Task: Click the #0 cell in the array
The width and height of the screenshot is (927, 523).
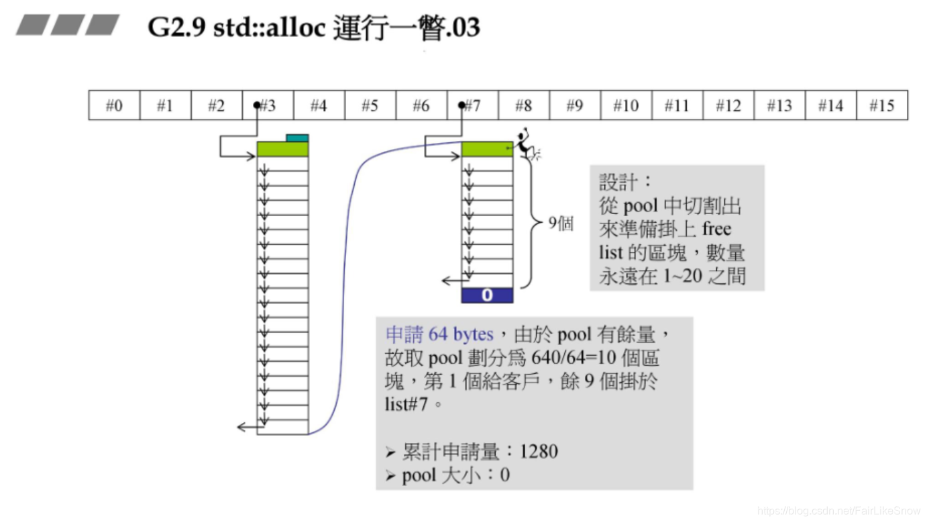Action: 114,105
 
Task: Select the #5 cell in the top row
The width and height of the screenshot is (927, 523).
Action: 370,105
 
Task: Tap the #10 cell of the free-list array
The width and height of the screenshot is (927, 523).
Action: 625,105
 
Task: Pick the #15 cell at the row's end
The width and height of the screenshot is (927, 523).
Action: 882,105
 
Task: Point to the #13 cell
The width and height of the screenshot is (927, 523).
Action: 779,105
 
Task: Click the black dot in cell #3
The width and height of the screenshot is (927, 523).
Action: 258,105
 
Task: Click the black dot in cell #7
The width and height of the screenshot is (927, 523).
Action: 462,105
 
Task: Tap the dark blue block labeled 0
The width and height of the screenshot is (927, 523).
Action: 487,295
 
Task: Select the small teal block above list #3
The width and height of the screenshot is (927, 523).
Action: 297,138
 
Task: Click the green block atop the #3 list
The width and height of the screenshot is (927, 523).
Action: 282,149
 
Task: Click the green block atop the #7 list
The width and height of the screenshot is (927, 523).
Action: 487,149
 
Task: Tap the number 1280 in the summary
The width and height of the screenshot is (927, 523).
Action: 539,451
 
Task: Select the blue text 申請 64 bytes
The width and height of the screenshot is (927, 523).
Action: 439,334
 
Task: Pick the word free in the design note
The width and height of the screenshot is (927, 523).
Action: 716,229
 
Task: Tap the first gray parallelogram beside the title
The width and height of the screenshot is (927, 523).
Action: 32,26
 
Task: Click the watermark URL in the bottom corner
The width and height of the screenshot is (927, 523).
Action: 838,511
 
